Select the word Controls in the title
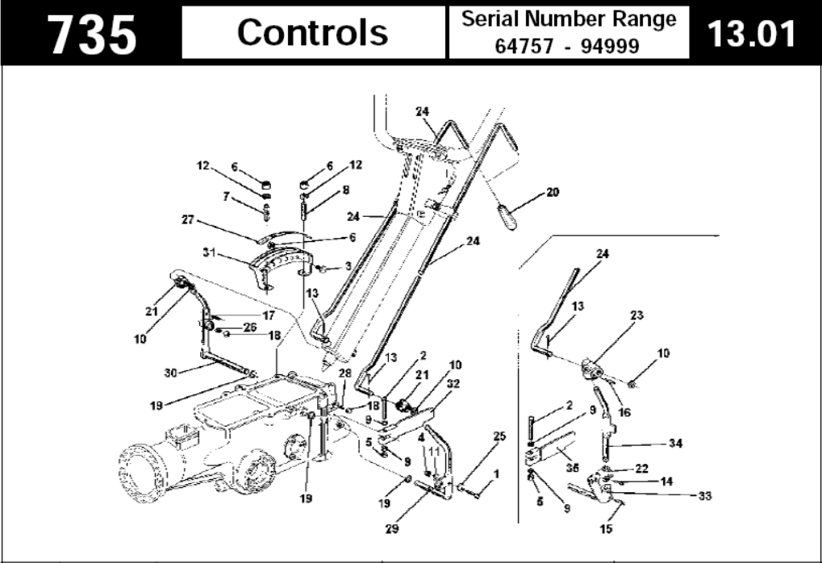312,32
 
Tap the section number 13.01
750,33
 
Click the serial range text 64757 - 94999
569,46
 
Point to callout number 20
553,192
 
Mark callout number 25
499,436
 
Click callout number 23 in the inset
638,315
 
